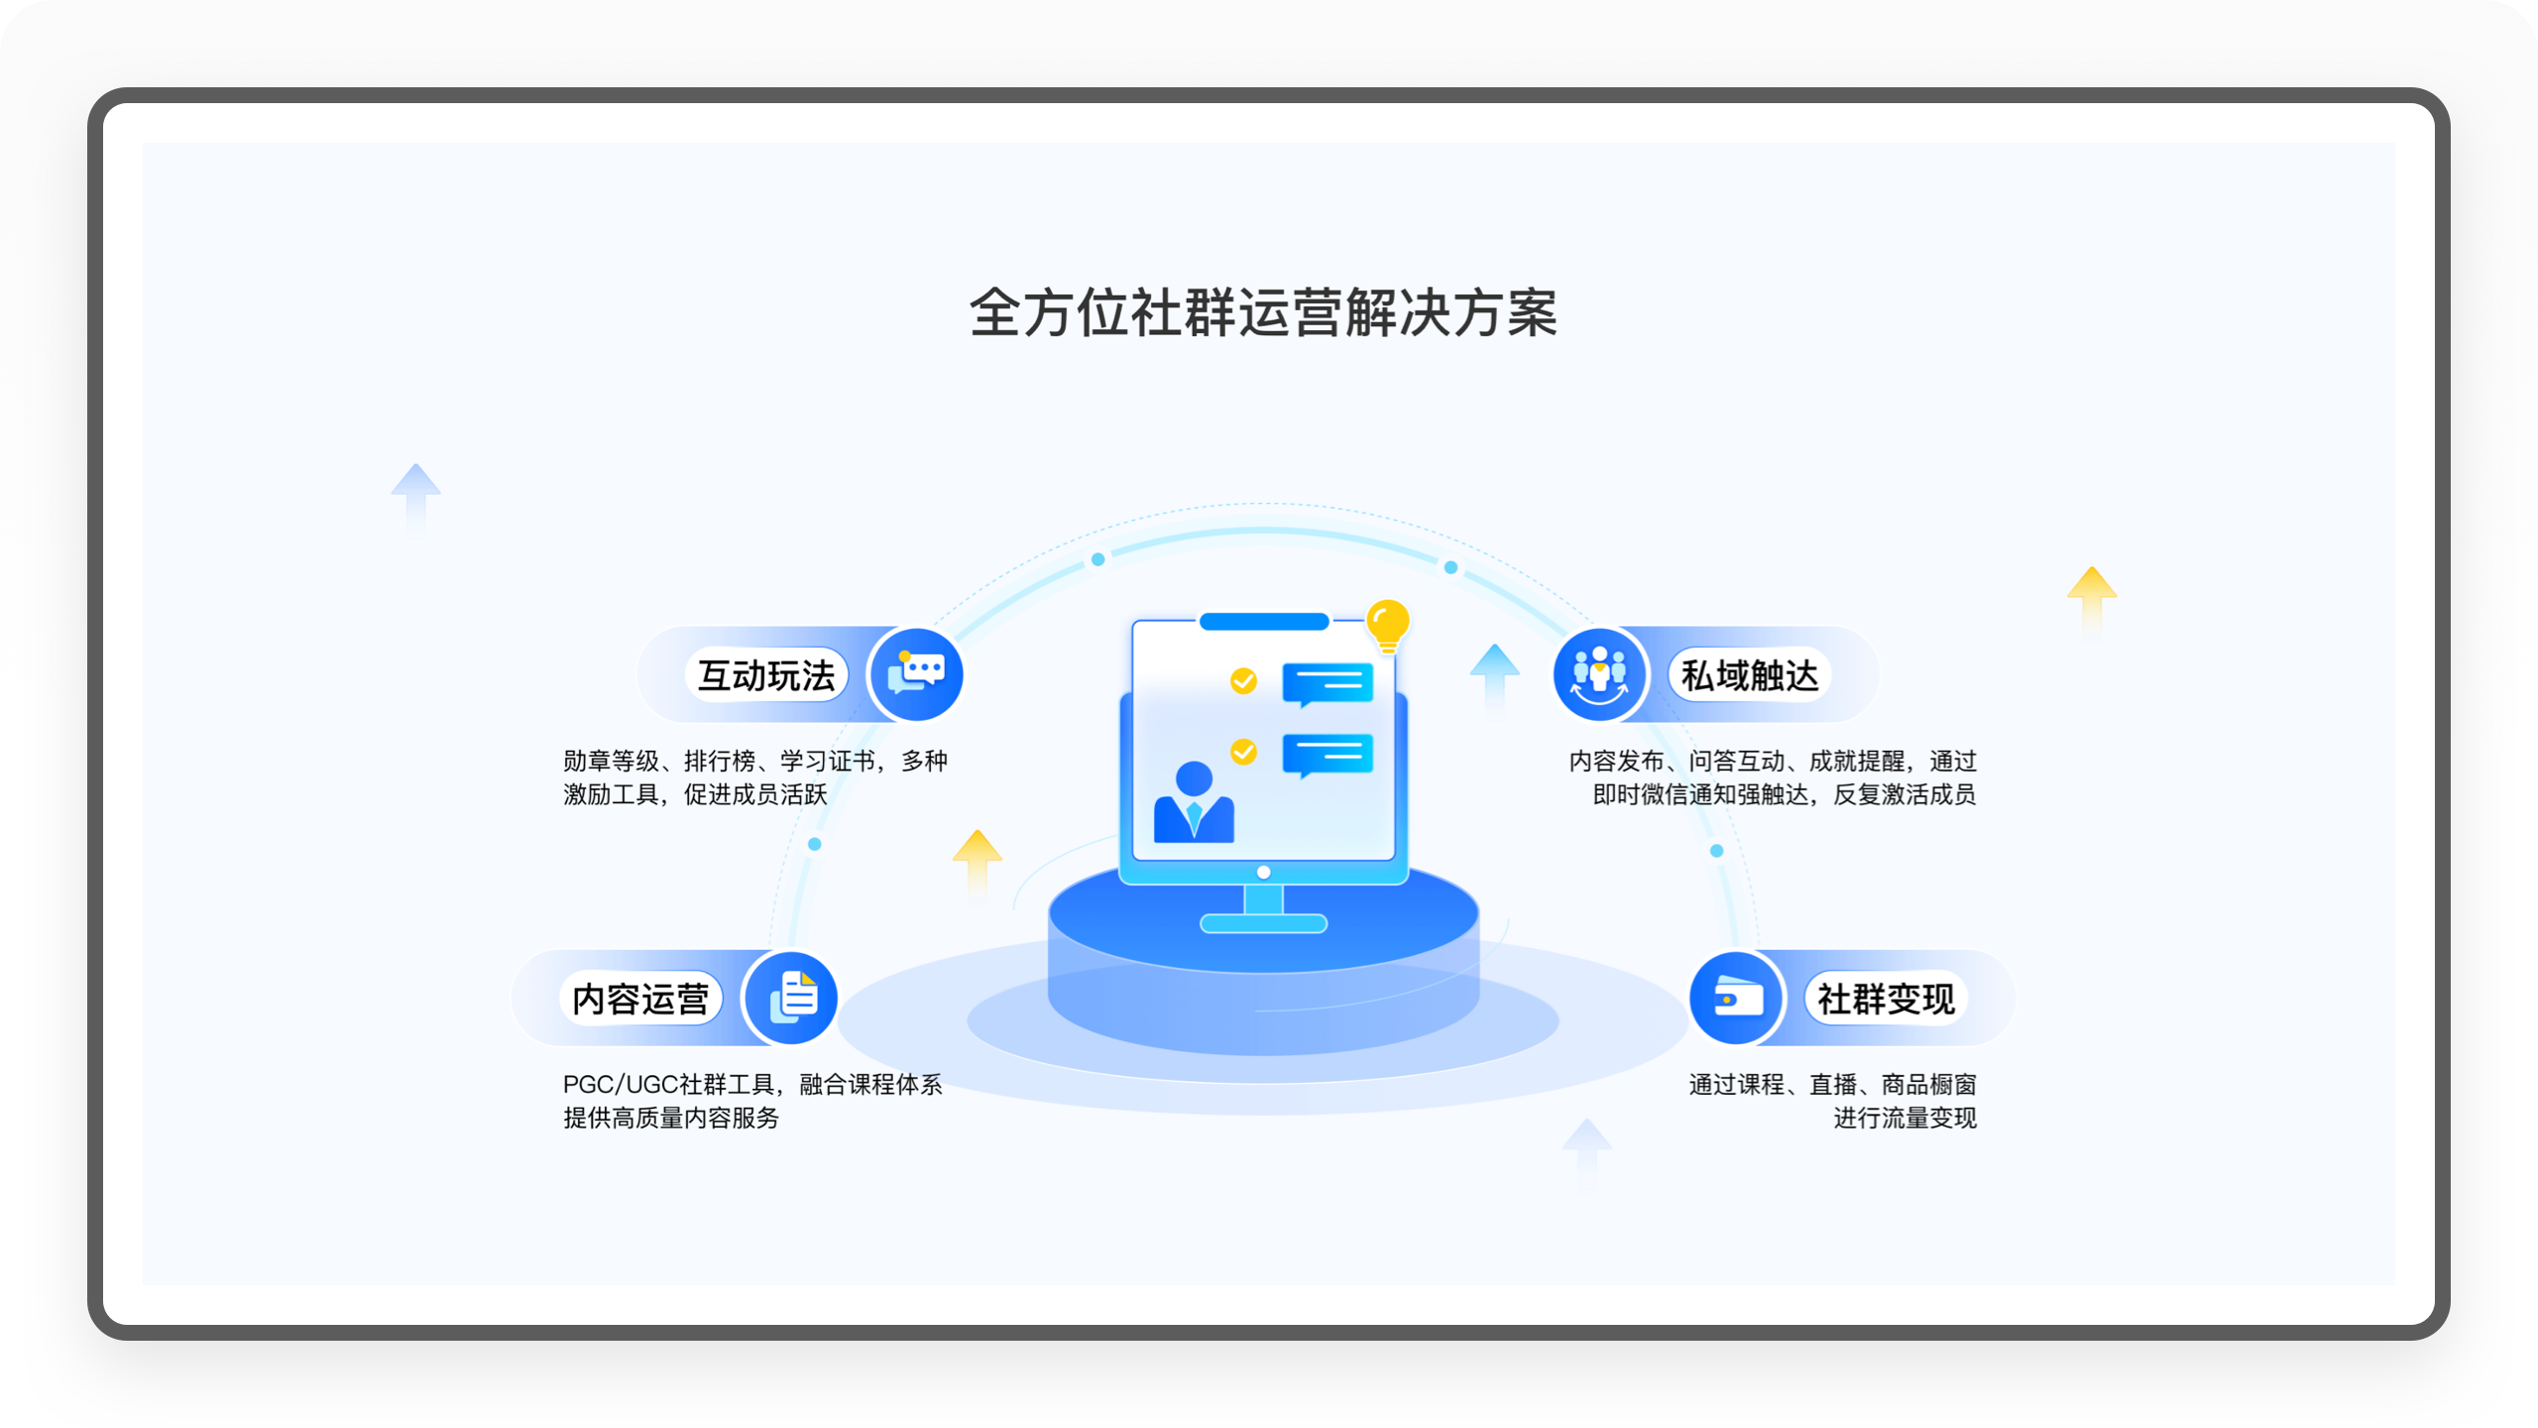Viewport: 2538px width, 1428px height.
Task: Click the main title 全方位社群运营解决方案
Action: (x=1263, y=313)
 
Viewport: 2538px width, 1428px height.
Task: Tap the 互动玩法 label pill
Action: (x=766, y=675)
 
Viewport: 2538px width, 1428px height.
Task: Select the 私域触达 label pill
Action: (x=1749, y=675)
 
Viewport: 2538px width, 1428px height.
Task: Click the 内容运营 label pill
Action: (x=640, y=999)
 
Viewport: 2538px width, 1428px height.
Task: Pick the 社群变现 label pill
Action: (x=1886, y=999)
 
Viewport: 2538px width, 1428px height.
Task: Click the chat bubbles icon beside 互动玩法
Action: (x=916, y=675)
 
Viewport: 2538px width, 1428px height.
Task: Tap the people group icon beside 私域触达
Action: (x=1599, y=675)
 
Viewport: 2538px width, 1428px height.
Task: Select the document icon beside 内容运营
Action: (x=792, y=998)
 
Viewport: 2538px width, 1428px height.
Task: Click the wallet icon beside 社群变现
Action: (x=1736, y=998)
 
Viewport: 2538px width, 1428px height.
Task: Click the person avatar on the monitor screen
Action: (x=1194, y=802)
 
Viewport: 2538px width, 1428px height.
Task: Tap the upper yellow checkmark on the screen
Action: (x=1243, y=680)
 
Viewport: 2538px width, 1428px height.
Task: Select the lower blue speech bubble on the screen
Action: (x=1327, y=755)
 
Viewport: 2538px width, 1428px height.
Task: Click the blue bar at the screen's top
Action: (x=1263, y=622)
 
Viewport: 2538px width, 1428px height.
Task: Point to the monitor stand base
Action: (x=1263, y=923)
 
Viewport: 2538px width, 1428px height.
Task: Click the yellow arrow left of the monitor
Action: (x=978, y=857)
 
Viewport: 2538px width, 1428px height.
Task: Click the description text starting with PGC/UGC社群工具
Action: (x=752, y=1084)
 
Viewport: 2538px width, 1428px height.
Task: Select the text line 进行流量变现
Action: (x=1904, y=1118)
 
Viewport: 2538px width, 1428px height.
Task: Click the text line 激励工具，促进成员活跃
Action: (x=695, y=794)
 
